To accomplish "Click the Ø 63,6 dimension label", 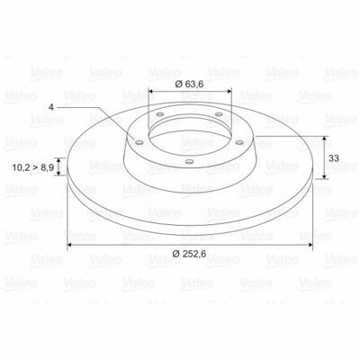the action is pyautogui.click(x=189, y=85).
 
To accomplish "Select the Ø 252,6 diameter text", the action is pyautogui.click(x=189, y=254).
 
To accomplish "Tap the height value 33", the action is pyautogui.click(x=334, y=158).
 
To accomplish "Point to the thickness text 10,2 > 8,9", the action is pyautogui.click(x=33, y=167).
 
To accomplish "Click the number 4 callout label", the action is pyautogui.click(x=51, y=107).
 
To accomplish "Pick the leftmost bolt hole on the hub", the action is pyautogui.click(x=139, y=142).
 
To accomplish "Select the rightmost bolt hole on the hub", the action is pyautogui.click(x=239, y=142).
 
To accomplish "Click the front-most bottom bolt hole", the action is pyautogui.click(x=189, y=162).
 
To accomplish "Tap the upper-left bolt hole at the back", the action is pyautogui.click(x=160, y=114).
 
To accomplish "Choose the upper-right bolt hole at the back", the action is pyautogui.click(x=219, y=114).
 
